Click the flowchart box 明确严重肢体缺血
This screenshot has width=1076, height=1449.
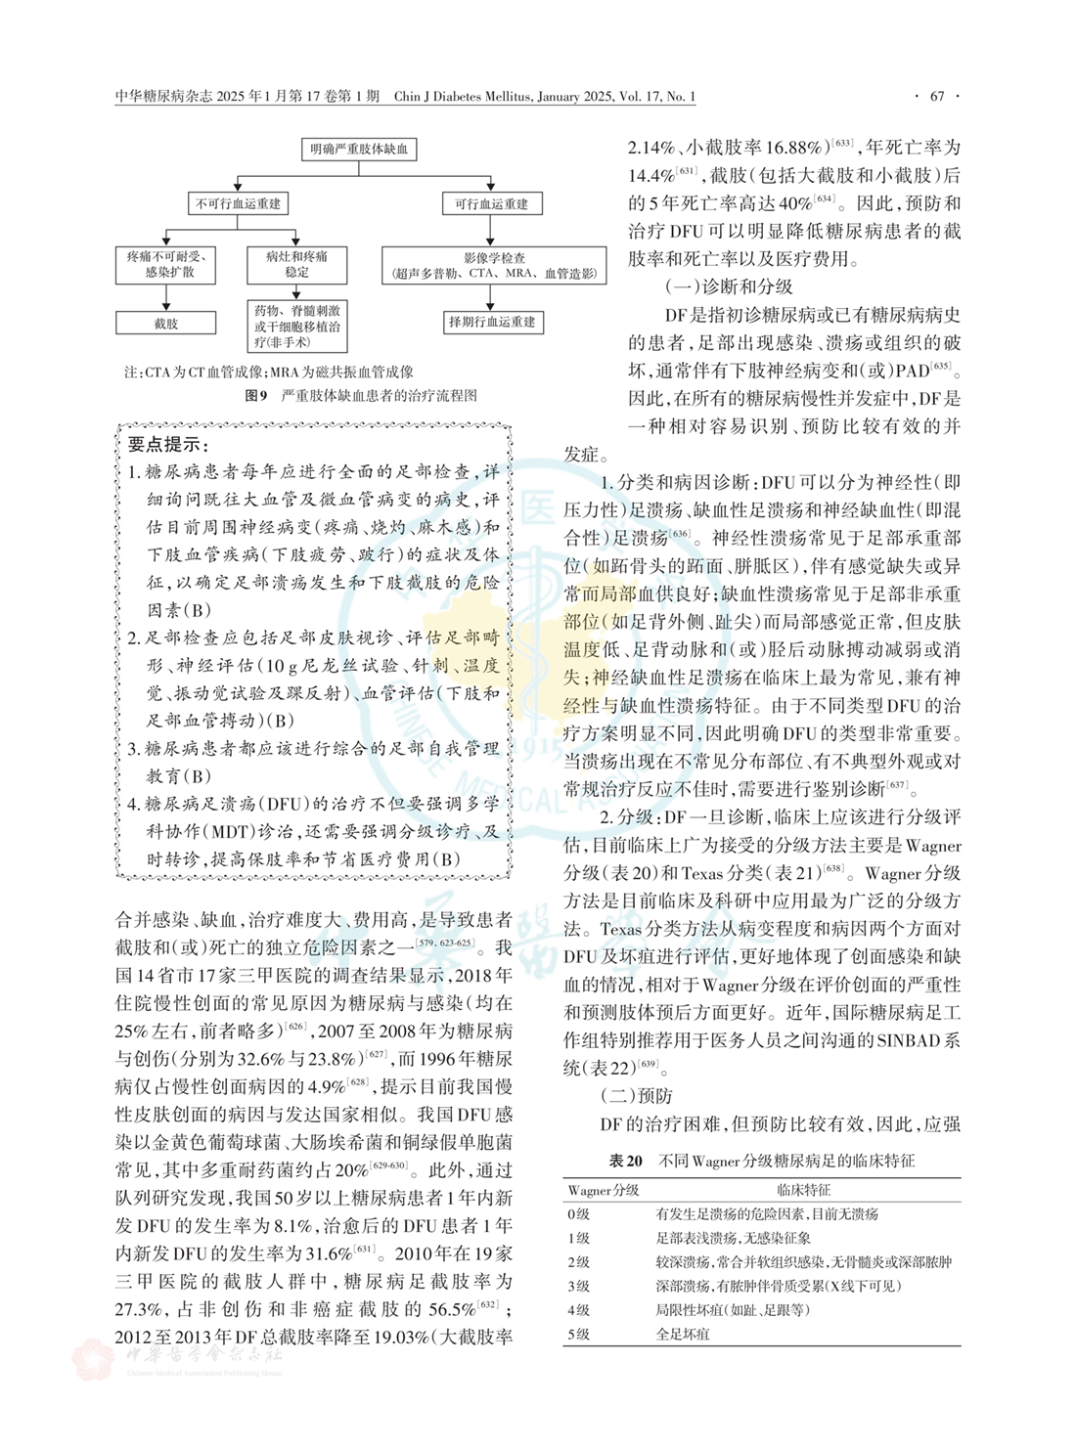tap(359, 150)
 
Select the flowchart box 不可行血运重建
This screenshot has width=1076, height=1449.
tap(238, 203)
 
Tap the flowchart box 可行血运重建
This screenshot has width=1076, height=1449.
tap(491, 203)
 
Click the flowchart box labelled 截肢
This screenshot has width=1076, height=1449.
tap(165, 323)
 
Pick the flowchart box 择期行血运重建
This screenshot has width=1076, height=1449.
tap(491, 322)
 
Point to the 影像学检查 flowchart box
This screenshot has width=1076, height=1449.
tap(493, 265)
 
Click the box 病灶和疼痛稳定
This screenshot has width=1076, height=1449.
tap(296, 264)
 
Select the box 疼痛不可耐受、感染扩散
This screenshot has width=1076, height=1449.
tap(165, 264)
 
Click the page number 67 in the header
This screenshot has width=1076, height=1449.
tap(937, 96)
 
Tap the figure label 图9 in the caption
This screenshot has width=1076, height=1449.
tap(255, 396)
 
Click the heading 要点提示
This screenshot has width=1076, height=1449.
tap(163, 444)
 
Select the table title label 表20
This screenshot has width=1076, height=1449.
tap(625, 1161)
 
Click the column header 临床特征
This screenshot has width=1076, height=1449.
tap(804, 1190)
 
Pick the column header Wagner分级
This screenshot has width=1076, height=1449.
tap(604, 1190)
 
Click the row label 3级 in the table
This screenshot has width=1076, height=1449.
tap(579, 1286)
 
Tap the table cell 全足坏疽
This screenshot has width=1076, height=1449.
tap(683, 1334)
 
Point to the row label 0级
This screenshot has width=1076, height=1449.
tap(579, 1213)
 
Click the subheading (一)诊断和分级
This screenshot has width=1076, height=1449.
tap(729, 286)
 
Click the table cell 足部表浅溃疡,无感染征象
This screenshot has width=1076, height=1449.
tap(733, 1238)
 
